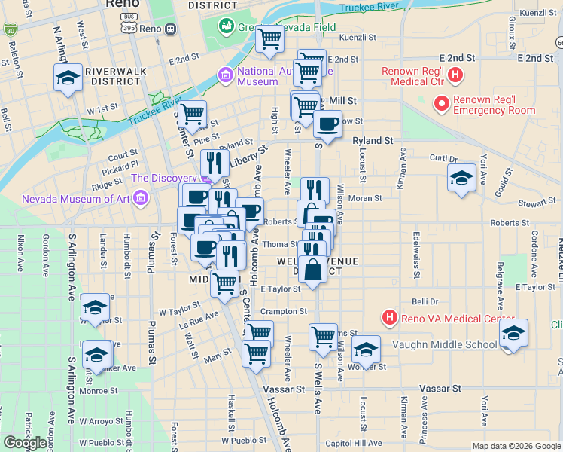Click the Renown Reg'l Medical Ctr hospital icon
click(455, 75)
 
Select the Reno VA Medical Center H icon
click(389, 318)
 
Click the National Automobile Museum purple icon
click(224, 75)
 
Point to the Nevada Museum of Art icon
click(139, 200)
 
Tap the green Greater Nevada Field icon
click(226, 26)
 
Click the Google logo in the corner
click(24, 442)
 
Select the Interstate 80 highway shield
click(9, 30)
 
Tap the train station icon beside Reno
click(171, 29)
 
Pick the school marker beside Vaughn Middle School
click(513, 332)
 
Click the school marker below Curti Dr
click(461, 178)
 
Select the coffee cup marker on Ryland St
click(327, 124)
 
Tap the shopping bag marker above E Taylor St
click(313, 269)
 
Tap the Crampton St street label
click(284, 311)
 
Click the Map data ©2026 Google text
click(516, 446)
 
